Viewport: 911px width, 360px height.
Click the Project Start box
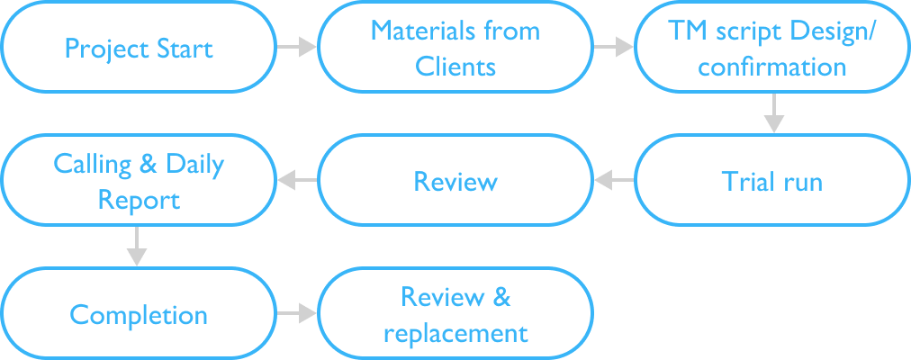[x=138, y=47]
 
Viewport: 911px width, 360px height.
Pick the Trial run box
[x=772, y=181]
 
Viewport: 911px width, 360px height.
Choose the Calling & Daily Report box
[x=138, y=181]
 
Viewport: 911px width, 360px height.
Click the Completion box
[x=138, y=315]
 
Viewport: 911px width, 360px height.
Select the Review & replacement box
[x=455, y=315]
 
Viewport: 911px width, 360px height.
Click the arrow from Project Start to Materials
[x=296, y=47]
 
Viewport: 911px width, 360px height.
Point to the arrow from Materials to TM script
[x=614, y=47]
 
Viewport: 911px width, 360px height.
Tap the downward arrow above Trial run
[x=772, y=113]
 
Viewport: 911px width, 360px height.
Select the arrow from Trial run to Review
[x=614, y=181]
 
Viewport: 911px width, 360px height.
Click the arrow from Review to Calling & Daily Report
[x=296, y=181]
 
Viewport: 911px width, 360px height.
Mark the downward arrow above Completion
[x=136, y=247]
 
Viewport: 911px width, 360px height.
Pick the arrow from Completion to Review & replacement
[x=296, y=314]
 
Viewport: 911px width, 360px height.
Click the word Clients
[x=455, y=67]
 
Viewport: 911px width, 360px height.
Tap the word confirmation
[x=772, y=67]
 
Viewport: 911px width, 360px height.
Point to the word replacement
[x=455, y=333]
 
